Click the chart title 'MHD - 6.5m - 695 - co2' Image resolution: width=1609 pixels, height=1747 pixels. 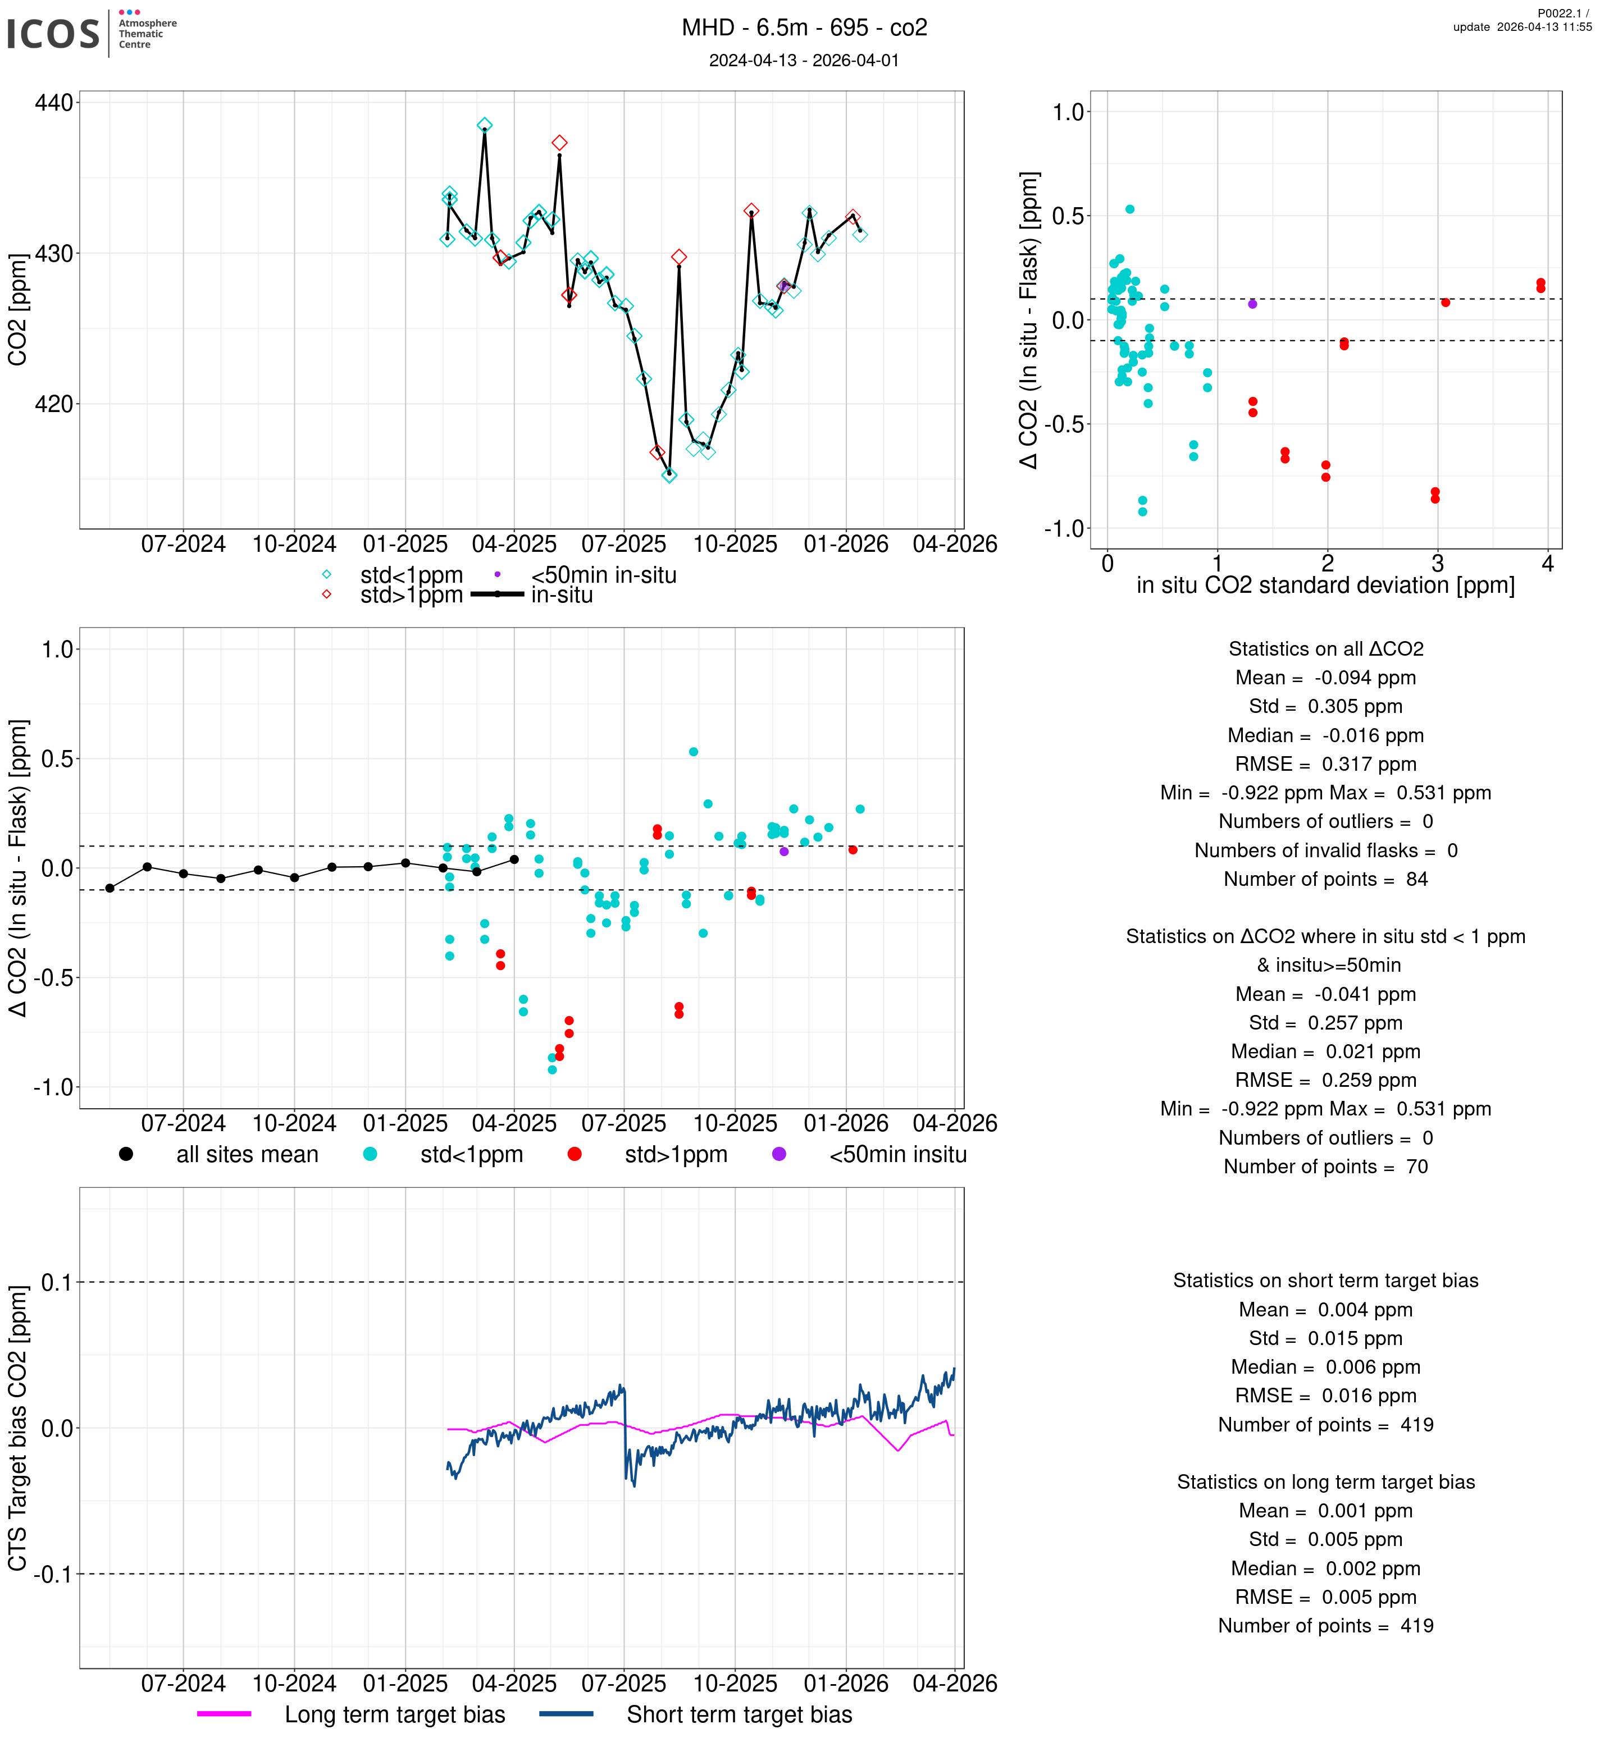[804, 28]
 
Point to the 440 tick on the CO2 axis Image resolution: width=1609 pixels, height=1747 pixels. [53, 103]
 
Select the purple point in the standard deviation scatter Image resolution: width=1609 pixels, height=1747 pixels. [1252, 304]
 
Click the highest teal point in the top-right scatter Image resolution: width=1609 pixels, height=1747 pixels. [1129, 209]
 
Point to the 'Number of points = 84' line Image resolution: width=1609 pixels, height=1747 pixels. [1325, 879]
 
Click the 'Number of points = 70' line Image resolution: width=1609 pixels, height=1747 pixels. [1325, 1167]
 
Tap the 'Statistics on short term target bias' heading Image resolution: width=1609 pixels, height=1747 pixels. [1325, 1280]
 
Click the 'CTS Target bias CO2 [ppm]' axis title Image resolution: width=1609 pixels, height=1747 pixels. [17, 1428]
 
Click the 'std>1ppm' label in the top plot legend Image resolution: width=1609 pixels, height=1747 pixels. [411, 596]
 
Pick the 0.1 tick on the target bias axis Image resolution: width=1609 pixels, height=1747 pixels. [56, 1282]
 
